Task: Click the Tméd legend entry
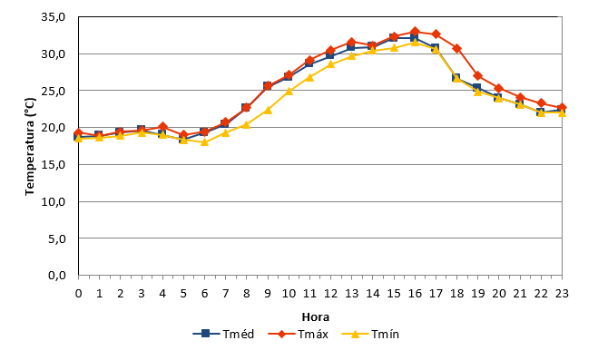223,334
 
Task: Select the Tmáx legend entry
298,334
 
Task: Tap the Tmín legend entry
370,334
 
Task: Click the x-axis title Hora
316,317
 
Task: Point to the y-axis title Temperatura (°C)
30,147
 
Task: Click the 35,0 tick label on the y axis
54,17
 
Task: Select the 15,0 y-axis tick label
54,164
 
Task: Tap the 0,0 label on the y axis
57,275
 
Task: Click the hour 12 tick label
330,293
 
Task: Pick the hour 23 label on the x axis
562,293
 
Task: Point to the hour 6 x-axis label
205,293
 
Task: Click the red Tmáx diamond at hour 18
456,48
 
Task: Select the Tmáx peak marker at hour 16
415,32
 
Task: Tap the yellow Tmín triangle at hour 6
205,141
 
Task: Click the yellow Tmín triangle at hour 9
268,110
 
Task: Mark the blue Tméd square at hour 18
456,78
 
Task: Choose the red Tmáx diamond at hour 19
477,76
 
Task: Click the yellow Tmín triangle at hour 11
309,77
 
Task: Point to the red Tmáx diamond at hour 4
162,127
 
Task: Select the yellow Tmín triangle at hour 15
394,48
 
